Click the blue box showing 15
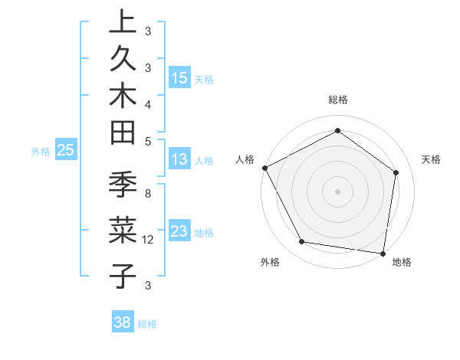(179, 78)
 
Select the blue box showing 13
(179, 159)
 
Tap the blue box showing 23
(179, 231)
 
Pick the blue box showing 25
(66, 151)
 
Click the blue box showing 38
(123, 322)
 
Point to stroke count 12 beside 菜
(149, 240)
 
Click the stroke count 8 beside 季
(147, 195)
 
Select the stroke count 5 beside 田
(147, 141)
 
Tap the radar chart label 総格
(337, 100)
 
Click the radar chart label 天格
(431, 159)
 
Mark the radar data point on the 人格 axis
(265, 168)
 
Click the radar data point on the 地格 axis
(382, 252)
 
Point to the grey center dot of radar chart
(337, 191)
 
